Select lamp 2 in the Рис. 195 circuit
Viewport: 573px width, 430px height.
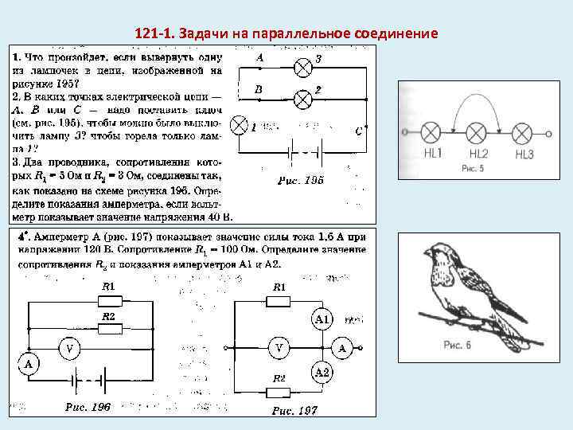(302, 100)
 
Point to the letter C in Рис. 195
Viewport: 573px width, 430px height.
(358, 131)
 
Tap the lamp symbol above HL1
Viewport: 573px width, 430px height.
(431, 131)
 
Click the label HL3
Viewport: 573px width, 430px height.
(524, 154)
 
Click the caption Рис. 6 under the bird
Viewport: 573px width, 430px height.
(458, 345)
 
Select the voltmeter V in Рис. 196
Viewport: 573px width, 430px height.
(71, 348)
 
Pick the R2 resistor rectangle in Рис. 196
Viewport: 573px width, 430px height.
(107, 326)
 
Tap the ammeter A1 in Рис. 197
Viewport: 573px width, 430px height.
(322, 319)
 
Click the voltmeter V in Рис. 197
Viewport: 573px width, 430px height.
(279, 348)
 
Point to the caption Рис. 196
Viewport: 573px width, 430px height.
(88, 408)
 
